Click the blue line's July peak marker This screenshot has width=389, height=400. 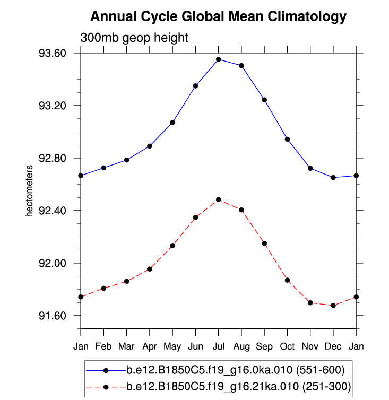click(x=218, y=59)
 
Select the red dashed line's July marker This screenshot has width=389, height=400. click(x=218, y=199)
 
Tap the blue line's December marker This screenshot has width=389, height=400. click(x=333, y=177)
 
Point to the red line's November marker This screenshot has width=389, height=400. click(x=310, y=302)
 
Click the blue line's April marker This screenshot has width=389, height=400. click(x=150, y=146)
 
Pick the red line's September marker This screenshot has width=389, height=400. click(x=264, y=243)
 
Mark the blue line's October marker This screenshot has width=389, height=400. click(x=287, y=139)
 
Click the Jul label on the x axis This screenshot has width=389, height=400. click(x=218, y=347)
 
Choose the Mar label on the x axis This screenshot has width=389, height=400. click(x=126, y=347)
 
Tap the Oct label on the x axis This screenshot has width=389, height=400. click(x=287, y=347)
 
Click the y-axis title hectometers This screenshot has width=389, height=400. click(x=30, y=190)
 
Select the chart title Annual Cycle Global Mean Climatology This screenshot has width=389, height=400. click(x=218, y=17)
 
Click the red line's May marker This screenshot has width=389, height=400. click(x=172, y=246)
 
